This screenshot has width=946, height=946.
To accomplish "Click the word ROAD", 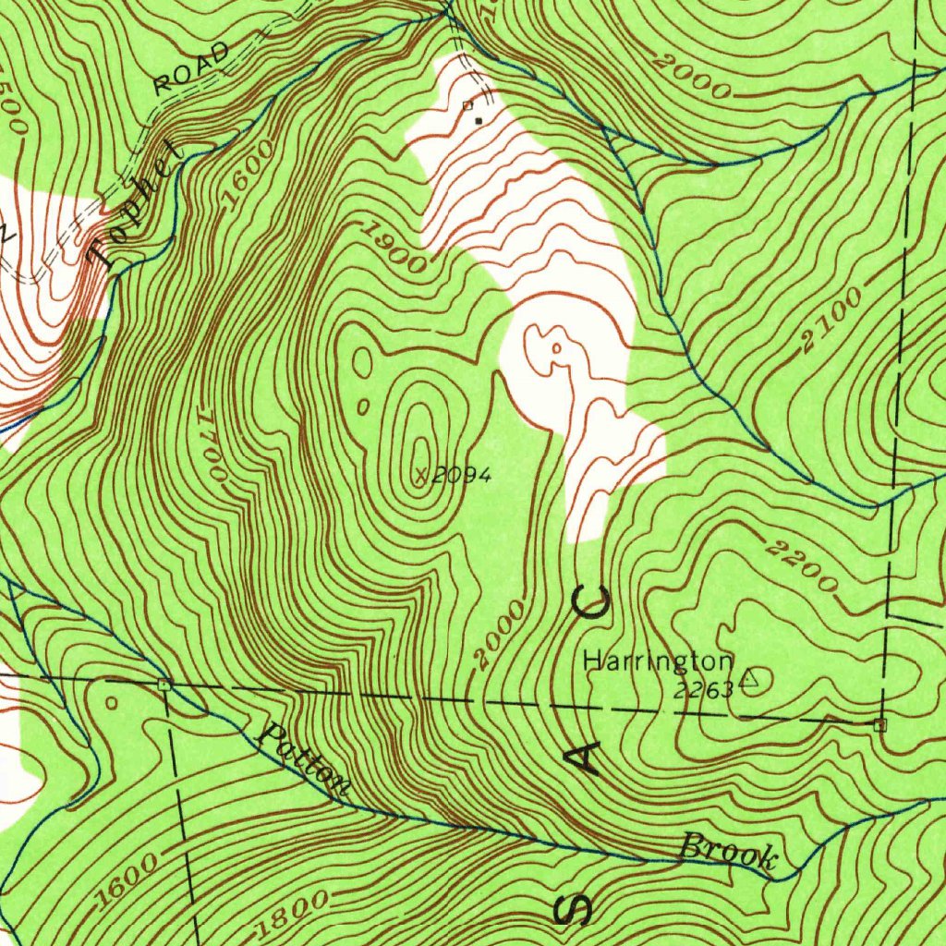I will [191, 70].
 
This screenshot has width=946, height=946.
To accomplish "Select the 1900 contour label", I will [393, 248].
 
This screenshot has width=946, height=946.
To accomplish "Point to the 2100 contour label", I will [831, 321].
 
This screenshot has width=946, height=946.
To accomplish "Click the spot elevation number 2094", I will [461, 475].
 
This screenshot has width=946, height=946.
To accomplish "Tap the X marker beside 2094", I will [422, 475].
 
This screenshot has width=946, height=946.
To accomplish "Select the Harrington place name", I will [658, 661].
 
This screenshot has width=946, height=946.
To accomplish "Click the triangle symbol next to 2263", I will [749, 680].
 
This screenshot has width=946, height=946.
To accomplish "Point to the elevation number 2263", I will [703, 689].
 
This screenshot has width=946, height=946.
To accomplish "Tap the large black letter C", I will [590, 605].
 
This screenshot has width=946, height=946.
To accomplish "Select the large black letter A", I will [583, 760].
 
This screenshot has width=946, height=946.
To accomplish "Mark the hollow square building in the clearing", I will [467, 105].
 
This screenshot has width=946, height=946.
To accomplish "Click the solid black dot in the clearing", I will [478, 120].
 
